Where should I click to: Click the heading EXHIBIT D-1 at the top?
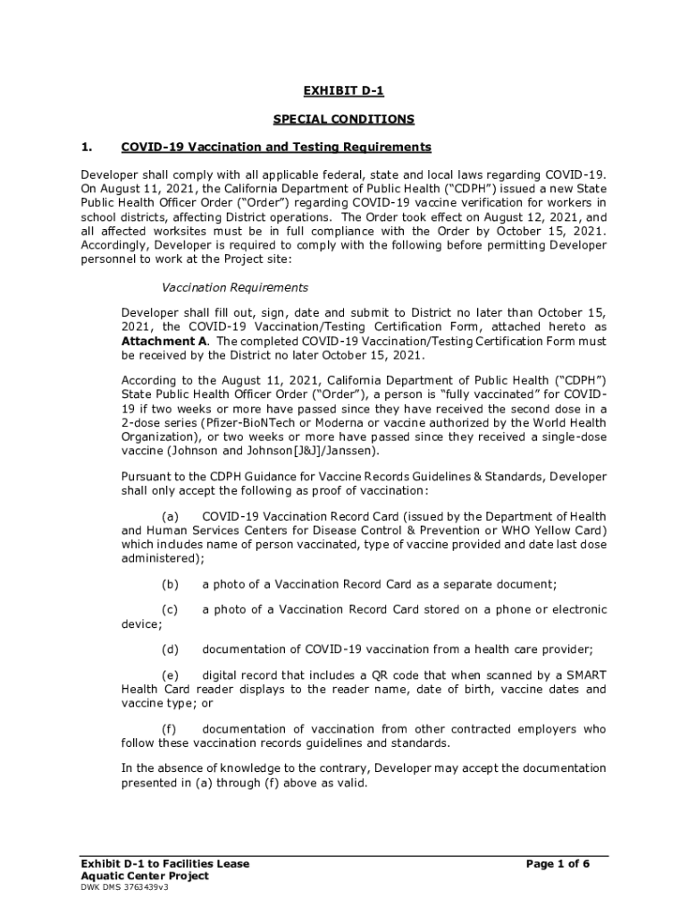tap(343, 91)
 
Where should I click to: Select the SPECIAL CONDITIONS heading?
tap(343, 119)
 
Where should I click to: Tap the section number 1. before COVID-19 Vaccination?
tap(87, 147)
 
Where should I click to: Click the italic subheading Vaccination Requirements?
tap(234, 288)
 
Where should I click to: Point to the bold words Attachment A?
tap(164, 342)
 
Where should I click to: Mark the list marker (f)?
tap(169, 730)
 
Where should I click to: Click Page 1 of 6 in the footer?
tap(558, 864)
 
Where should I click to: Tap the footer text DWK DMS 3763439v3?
tap(124, 888)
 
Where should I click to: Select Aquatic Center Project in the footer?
tap(144, 877)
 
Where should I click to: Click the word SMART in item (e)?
tap(585, 674)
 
